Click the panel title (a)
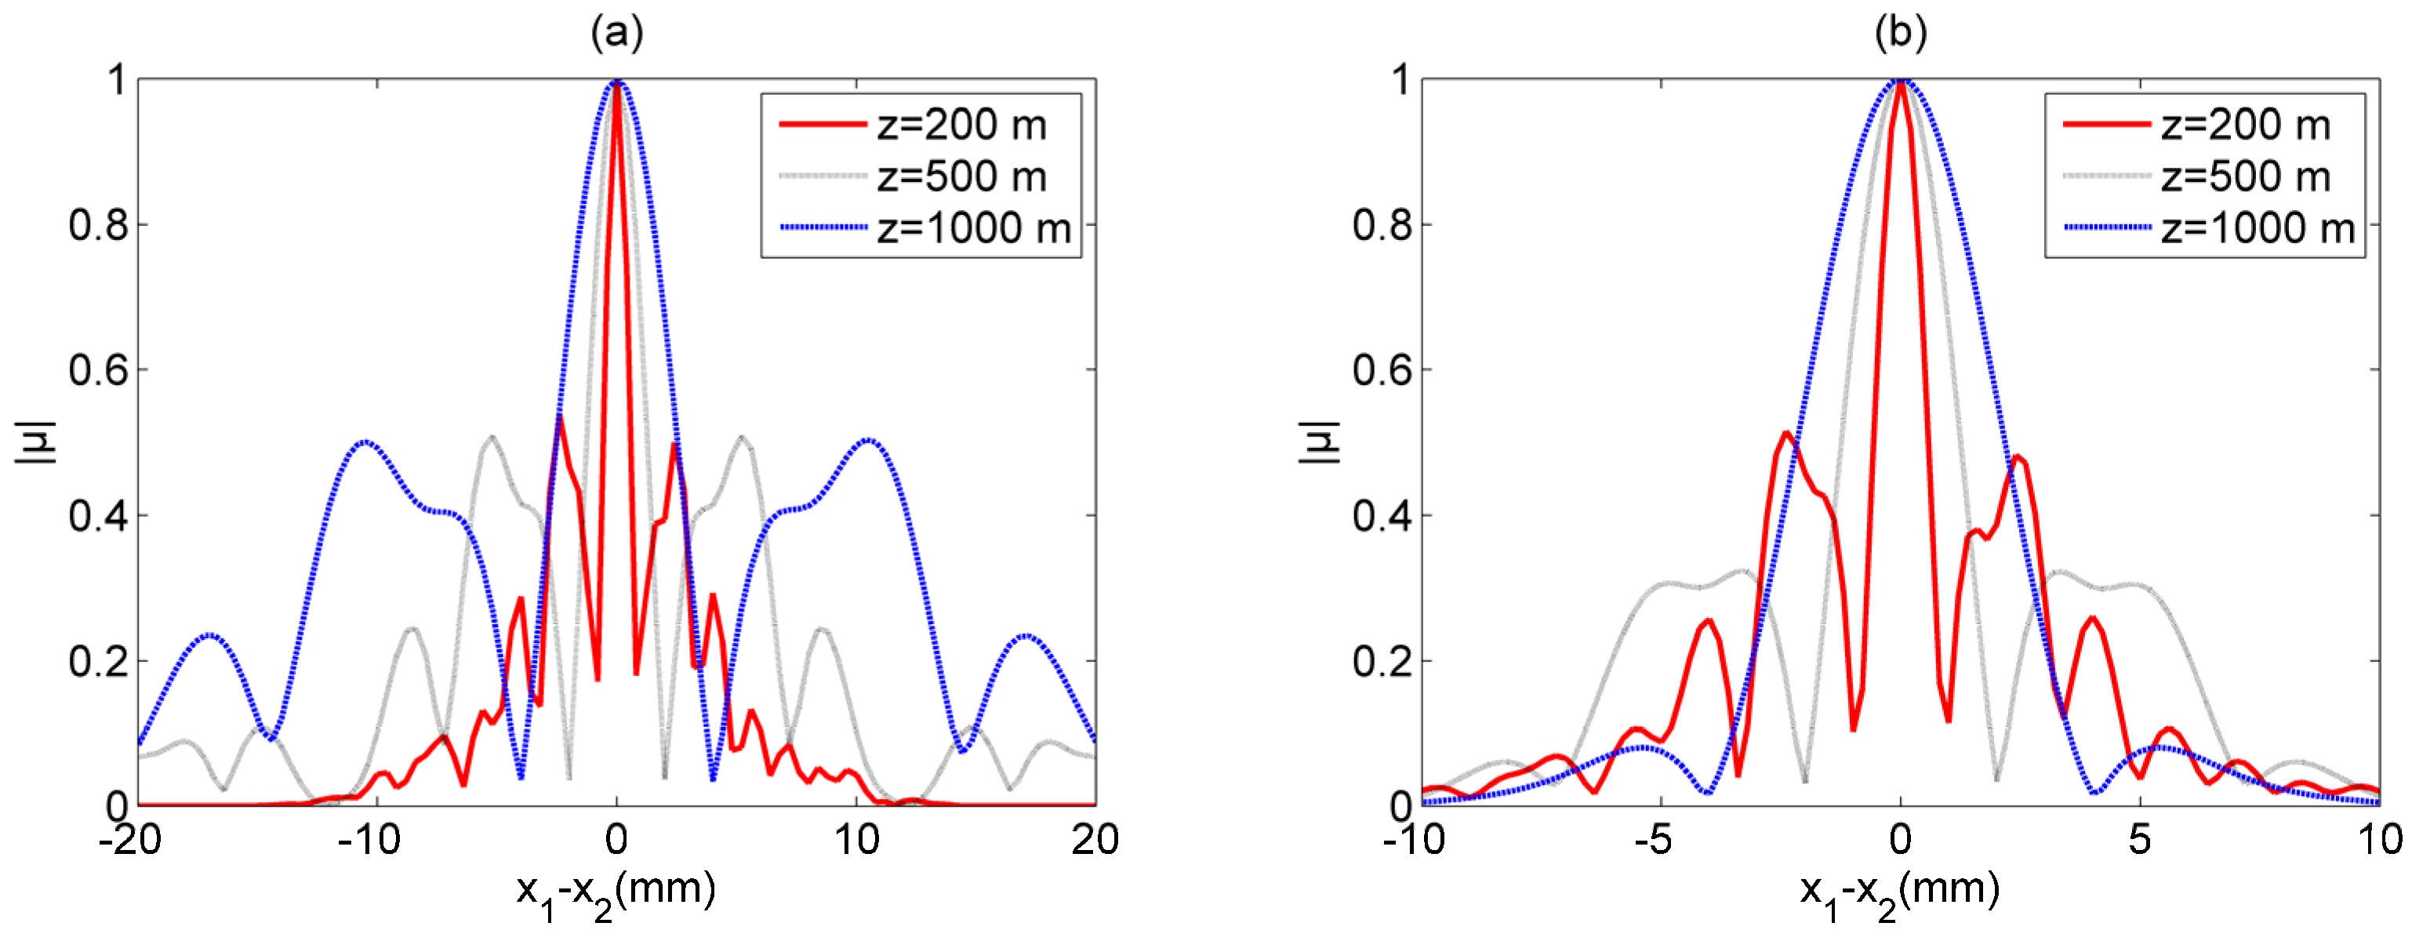click(616, 35)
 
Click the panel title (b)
click(1900, 35)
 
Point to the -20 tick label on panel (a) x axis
click(131, 840)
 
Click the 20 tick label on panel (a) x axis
click(1095, 840)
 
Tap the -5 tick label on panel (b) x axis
click(1653, 840)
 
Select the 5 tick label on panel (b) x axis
click(2140, 840)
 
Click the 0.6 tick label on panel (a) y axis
click(97, 371)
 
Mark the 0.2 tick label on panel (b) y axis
click(1381, 662)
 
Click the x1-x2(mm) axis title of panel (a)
click(616, 892)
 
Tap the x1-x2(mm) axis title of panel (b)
click(1900, 892)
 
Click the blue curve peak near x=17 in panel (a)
click(1026, 636)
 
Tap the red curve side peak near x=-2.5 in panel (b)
click(1786, 433)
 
